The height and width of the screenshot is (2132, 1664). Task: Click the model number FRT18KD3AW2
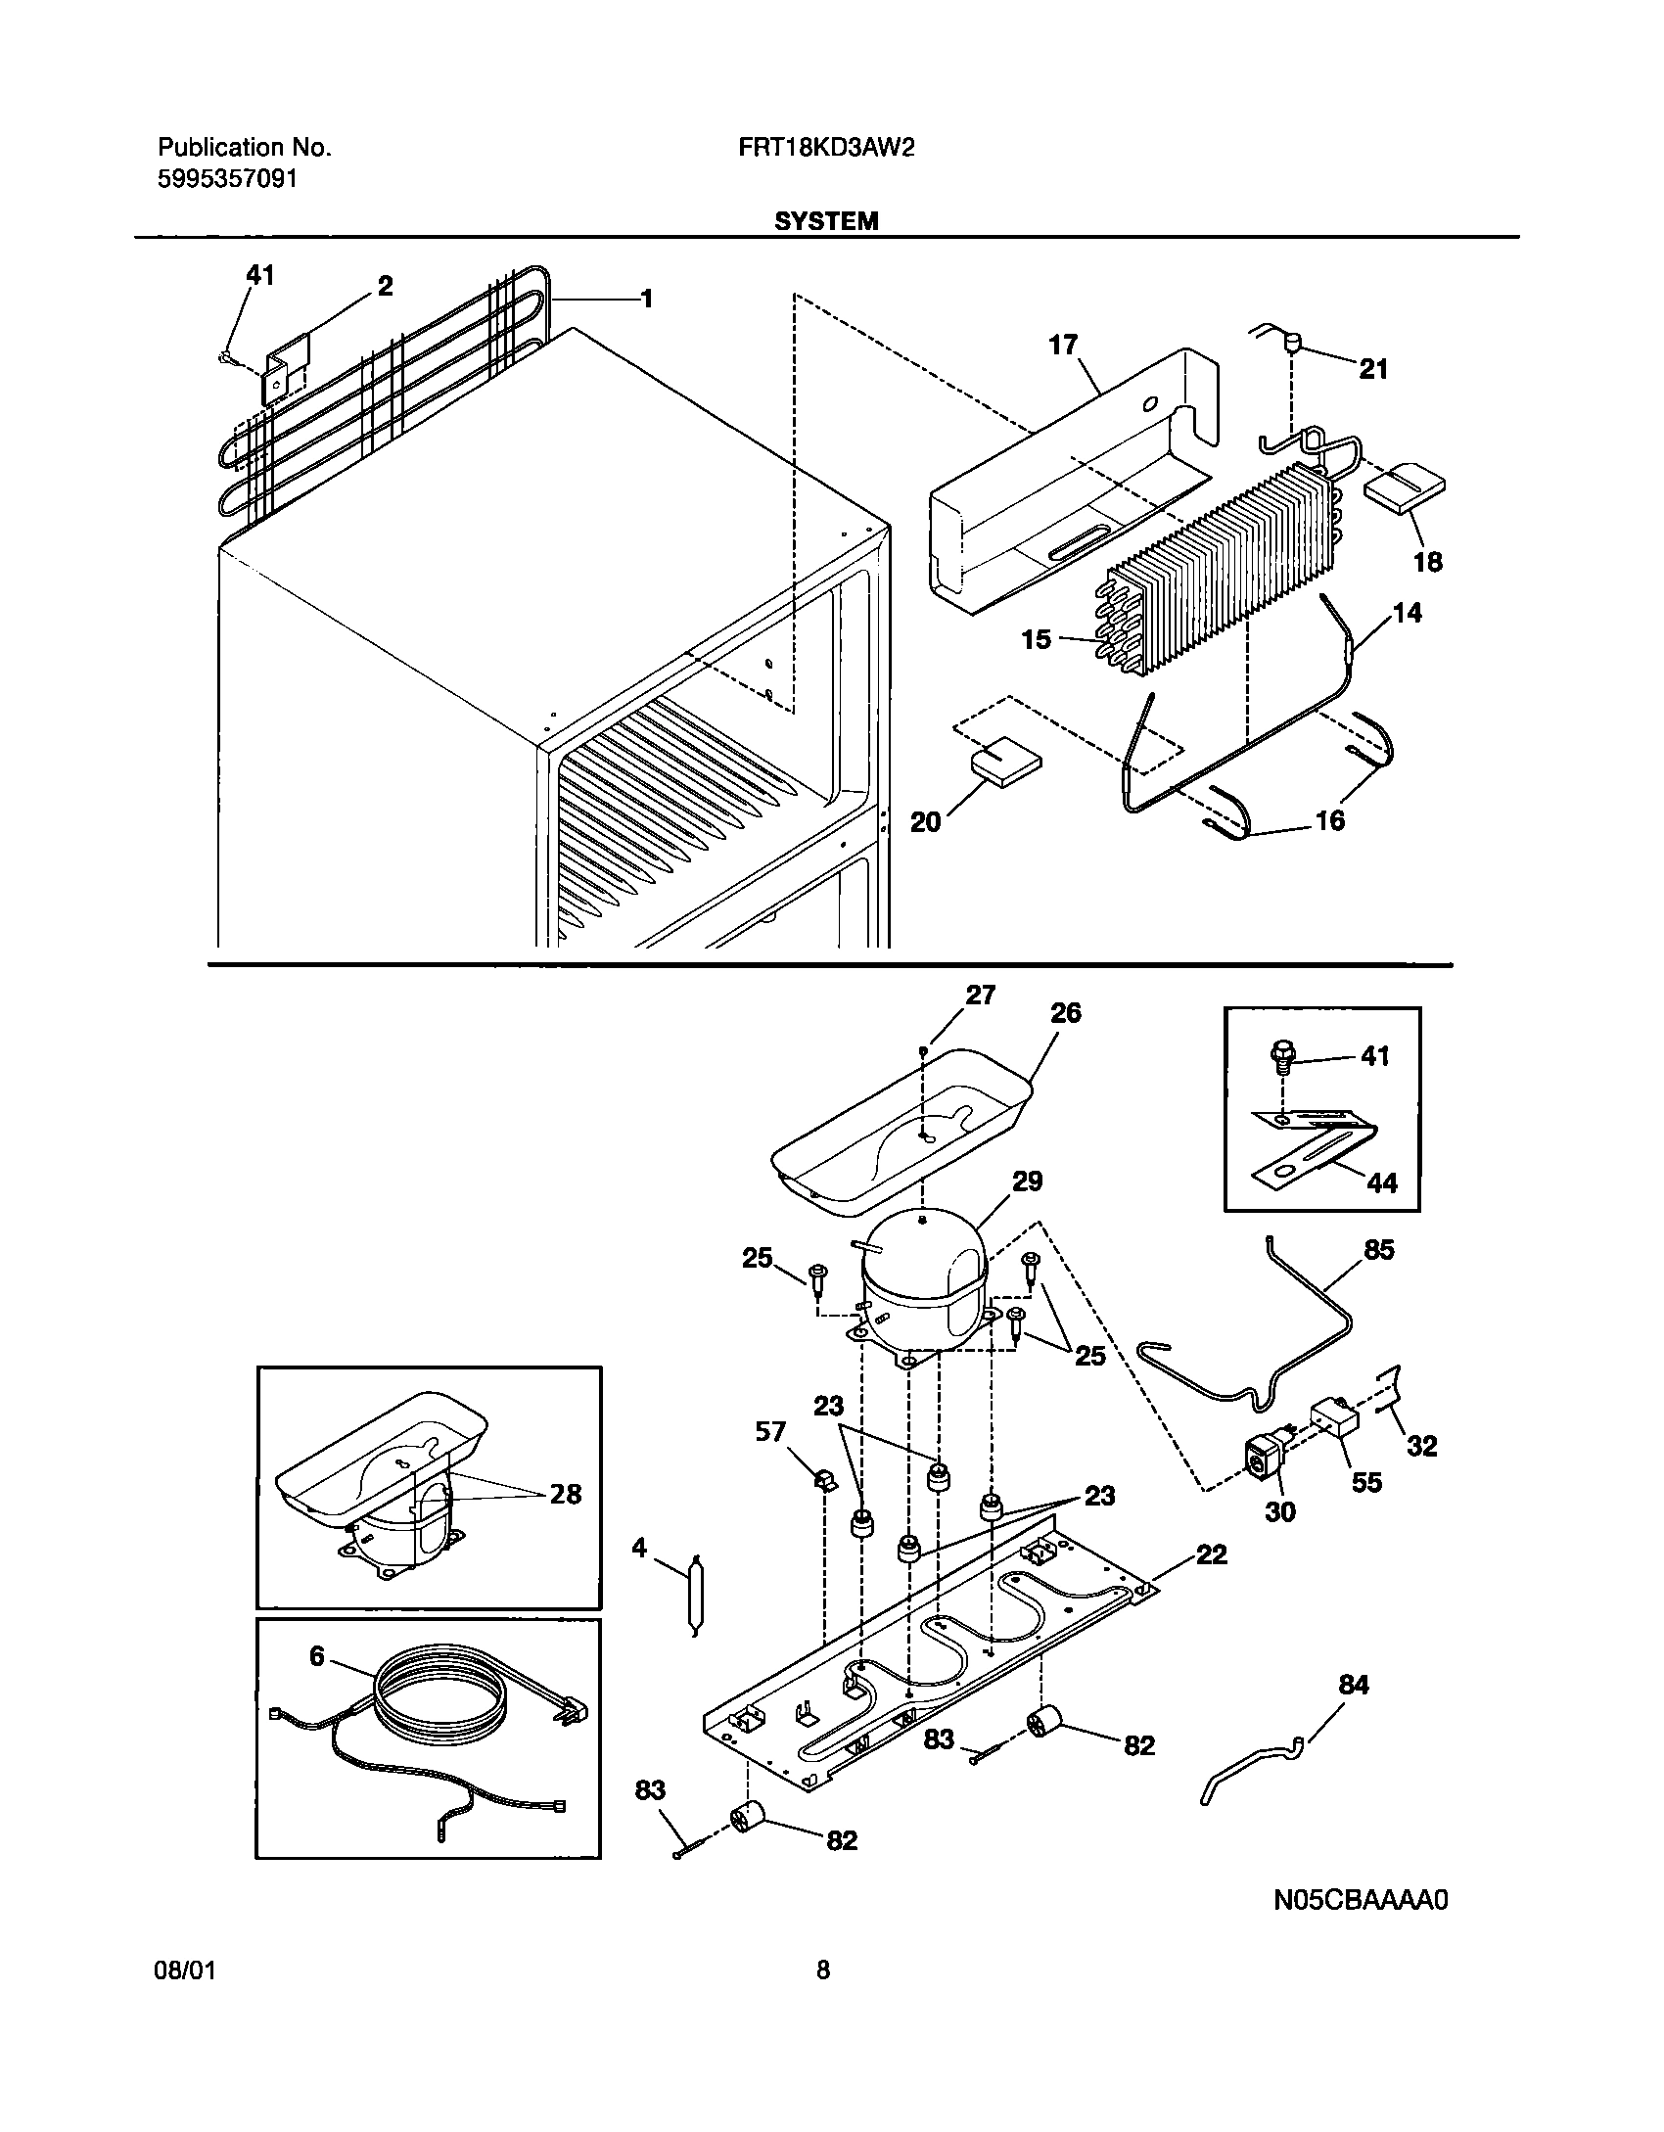[826, 148]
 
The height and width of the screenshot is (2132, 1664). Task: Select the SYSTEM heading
[826, 222]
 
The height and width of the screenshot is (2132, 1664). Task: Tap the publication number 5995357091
[227, 179]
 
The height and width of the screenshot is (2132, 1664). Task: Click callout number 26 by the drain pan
[1065, 1013]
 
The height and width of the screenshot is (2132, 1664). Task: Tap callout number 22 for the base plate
[1211, 1554]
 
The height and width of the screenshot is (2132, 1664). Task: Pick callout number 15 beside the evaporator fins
[1036, 639]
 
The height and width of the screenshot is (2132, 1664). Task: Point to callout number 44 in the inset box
[1381, 1183]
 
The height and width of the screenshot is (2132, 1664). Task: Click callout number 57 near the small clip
[770, 1432]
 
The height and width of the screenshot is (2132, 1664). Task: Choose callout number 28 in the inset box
[565, 1494]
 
